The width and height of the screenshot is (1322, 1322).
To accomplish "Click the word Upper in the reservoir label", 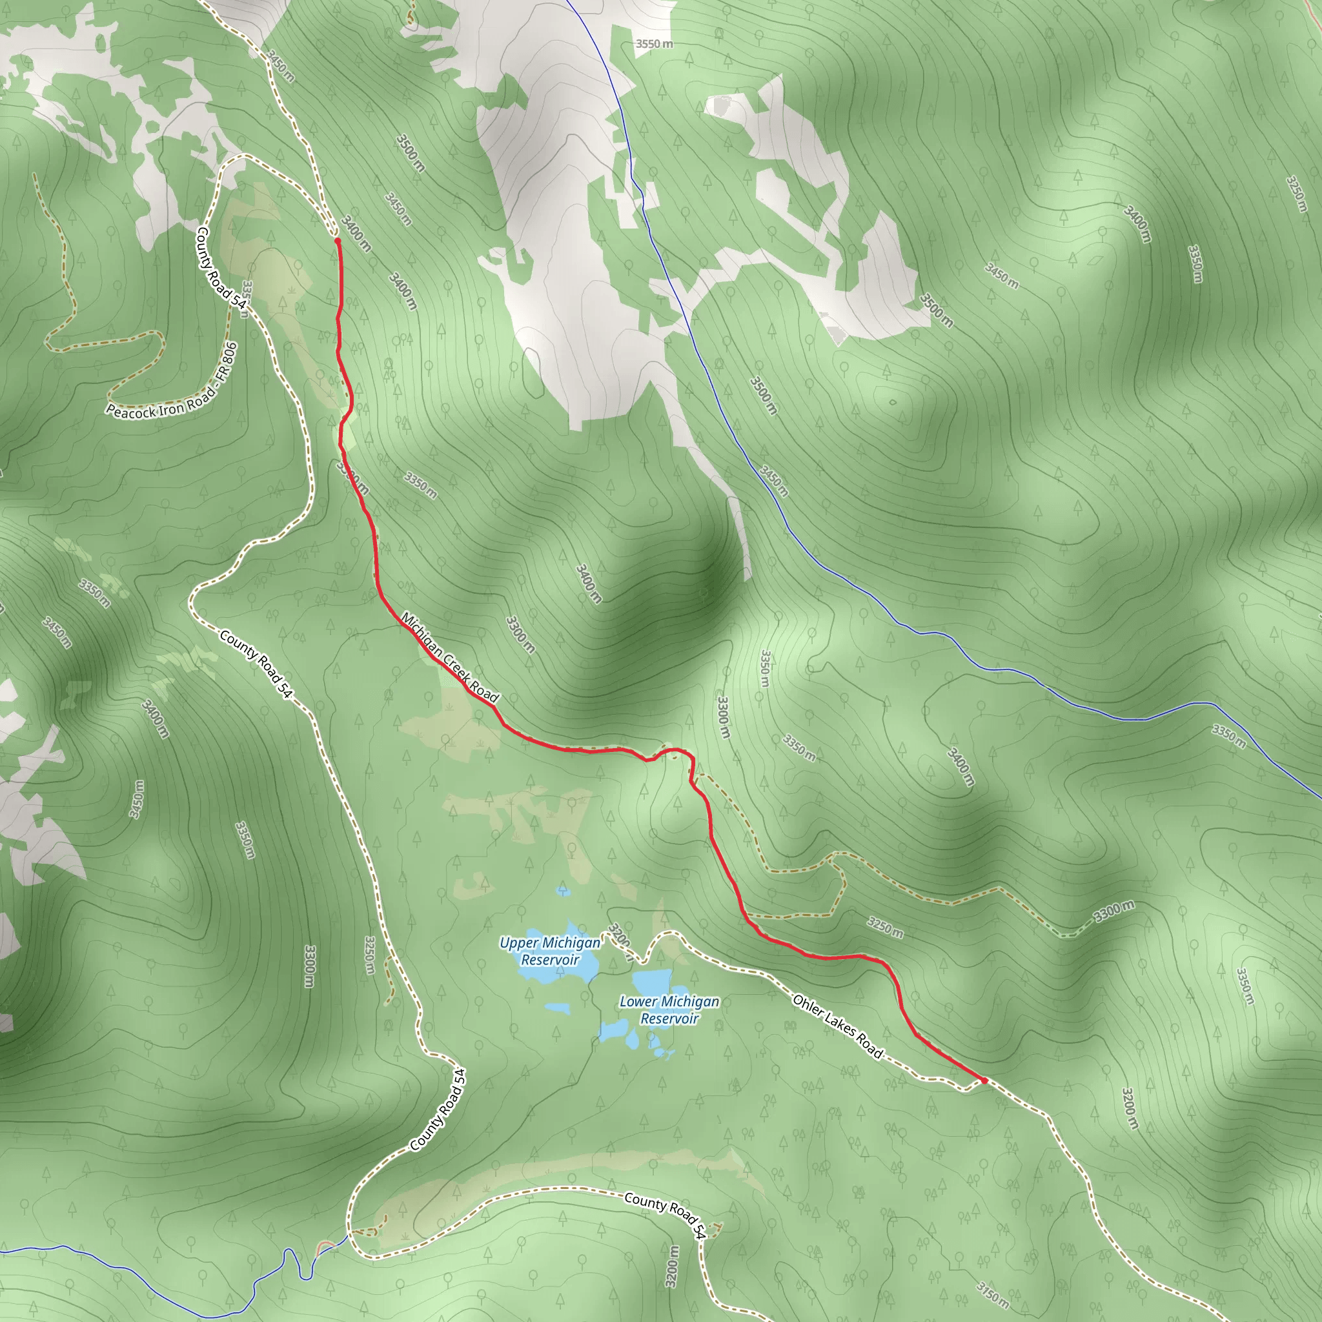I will [x=516, y=944].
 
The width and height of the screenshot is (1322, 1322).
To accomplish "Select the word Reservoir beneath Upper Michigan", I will [x=550, y=960].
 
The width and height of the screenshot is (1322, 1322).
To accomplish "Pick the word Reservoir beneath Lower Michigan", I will [x=669, y=1018].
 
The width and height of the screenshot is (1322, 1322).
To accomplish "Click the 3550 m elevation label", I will [x=653, y=44].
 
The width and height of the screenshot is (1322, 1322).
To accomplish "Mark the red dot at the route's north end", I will [x=338, y=241].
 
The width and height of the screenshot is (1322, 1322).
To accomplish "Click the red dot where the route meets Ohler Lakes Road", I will [x=984, y=1081].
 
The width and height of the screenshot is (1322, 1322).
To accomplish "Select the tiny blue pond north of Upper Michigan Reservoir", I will [x=563, y=890].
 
